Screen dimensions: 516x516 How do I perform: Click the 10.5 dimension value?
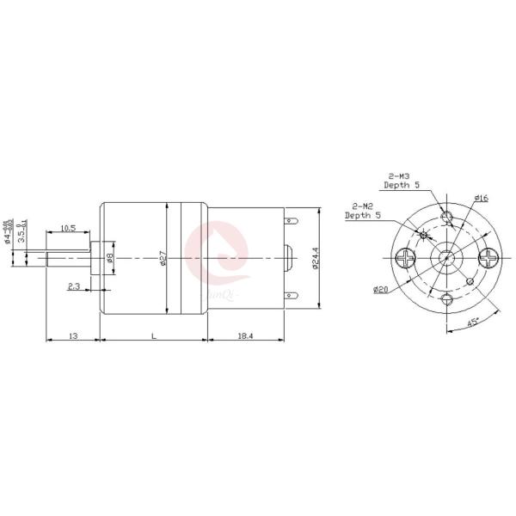pos(68,229)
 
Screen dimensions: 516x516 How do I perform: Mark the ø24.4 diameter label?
pos(316,258)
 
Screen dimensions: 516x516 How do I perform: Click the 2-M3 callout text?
pos(396,176)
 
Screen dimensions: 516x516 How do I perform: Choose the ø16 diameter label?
pos(481,199)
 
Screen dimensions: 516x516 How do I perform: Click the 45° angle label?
pos(472,322)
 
